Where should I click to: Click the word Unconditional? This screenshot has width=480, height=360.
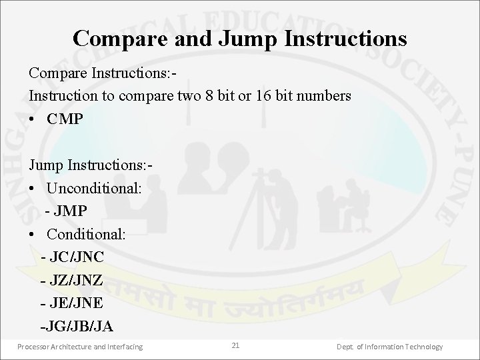tap(94, 189)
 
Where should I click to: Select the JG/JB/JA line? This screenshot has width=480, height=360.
tap(77, 327)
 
